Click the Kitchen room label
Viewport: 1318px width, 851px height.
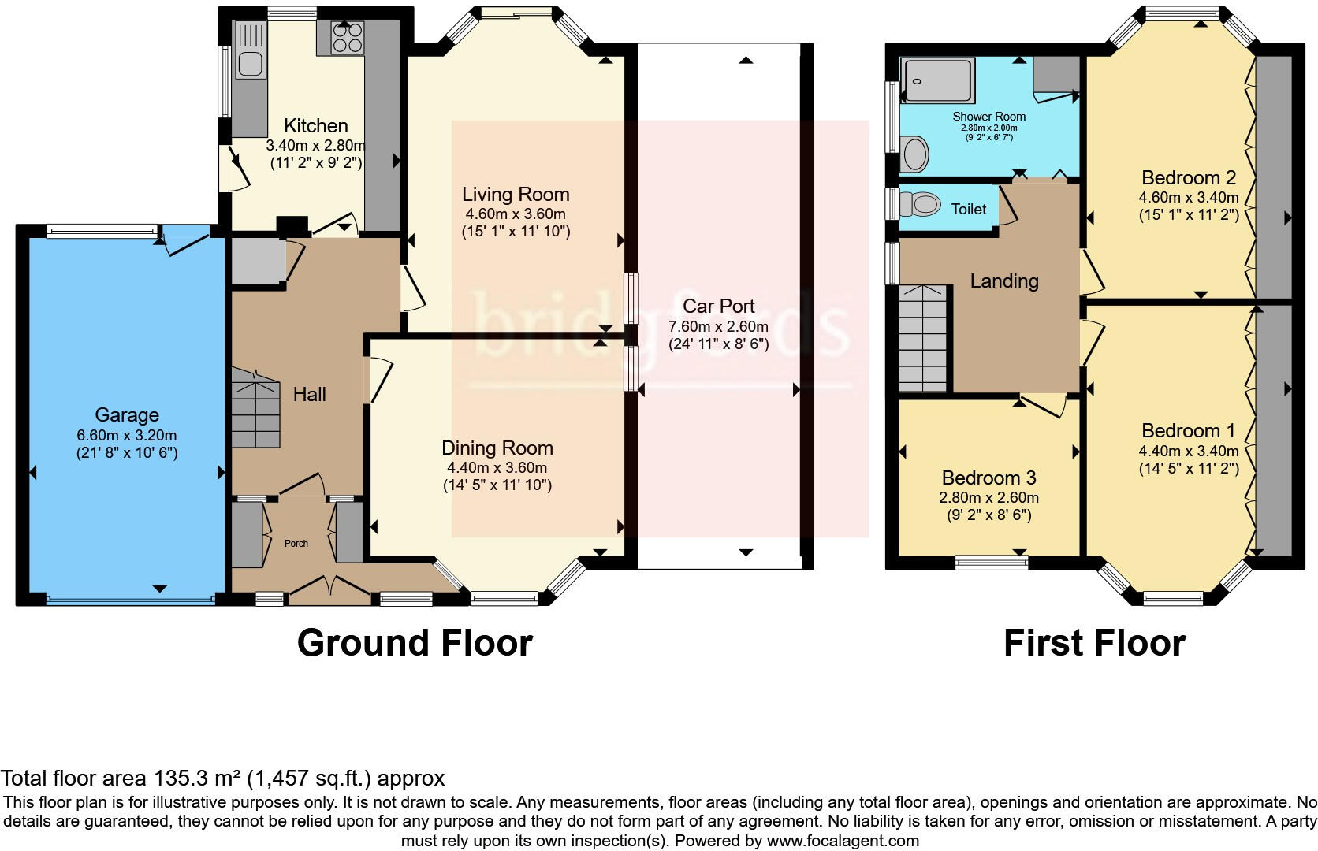[315, 125]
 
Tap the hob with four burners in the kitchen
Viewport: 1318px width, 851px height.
[348, 37]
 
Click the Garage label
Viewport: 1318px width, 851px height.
[127, 414]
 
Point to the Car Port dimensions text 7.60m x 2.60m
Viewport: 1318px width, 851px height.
[718, 326]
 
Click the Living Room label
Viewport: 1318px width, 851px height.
[516, 194]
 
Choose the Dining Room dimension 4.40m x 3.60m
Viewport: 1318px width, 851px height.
[497, 467]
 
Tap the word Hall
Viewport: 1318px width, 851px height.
[309, 394]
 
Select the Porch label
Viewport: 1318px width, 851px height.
[296, 543]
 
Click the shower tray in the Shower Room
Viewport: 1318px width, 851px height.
[937, 80]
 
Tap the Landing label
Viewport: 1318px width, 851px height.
[1003, 281]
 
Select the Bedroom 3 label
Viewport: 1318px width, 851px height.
[988, 478]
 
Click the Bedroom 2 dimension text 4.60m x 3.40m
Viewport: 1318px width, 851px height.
[1188, 197]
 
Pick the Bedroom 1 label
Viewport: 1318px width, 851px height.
[1188, 430]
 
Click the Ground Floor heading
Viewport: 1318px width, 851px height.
[415, 643]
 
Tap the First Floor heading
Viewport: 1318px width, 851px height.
[1094, 643]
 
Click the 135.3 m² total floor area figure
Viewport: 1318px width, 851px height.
[196, 779]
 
